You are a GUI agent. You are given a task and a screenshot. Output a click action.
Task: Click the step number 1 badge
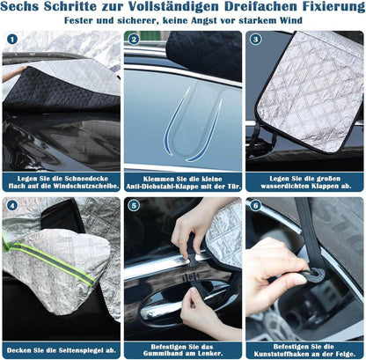12,40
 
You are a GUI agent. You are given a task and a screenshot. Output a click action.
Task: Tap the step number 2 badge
134,40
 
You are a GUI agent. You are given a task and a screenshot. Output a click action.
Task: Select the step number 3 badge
255,40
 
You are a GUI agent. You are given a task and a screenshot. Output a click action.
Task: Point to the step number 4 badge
12,205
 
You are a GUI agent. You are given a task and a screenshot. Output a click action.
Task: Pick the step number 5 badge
134,205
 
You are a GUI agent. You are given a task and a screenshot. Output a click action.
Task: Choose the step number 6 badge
255,205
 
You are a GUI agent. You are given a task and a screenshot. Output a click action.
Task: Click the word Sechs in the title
19,6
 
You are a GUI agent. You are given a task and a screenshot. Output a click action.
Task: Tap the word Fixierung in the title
333,6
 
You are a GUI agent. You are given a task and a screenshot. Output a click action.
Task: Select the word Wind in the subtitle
290,20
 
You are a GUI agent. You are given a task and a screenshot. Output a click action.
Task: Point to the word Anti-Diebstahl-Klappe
166,187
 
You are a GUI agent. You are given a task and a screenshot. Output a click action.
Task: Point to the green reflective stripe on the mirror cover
50,259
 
